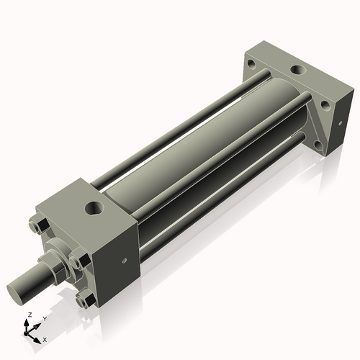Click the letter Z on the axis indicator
pyautogui.click(x=27, y=316)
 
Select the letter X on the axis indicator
pyautogui.click(x=45, y=338)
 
